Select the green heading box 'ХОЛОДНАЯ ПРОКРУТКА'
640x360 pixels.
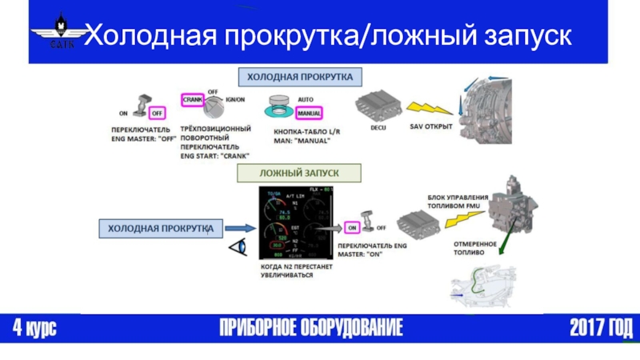[x=298, y=77]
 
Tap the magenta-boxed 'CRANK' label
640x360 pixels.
[x=193, y=100]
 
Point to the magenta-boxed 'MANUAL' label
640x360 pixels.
[x=309, y=113]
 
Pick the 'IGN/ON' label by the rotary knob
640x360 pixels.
[x=235, y=99]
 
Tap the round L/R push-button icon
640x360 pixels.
[x=282, y=106]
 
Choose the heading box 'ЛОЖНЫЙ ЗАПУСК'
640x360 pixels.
[x=298, y=173]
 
